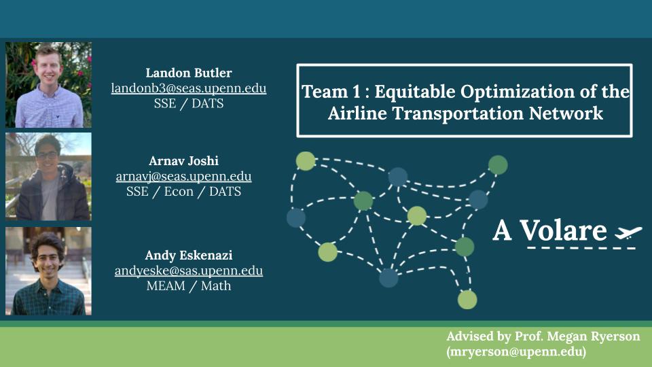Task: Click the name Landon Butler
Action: pyautogui.click(x=189, y=73)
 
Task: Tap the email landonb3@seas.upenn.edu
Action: pyautogui.click(x=189, y=88)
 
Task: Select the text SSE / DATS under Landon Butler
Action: pyautogui.click(x=189, y=103)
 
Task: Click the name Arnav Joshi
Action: pyautogui.click(x=184, y=160)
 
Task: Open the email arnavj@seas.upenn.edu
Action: pyautogui.click(x=184, y=176)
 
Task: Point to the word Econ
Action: pyautogui.click(x=179, y=192)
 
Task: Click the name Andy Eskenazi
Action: pyautogui.click(x=189, y=255)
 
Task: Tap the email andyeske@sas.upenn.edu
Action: pyautogui.click(x=189, y=270)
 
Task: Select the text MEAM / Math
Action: pyautogui.click(x=189, y=286)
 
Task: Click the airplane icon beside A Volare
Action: pyautogui.click(x=628, y=232)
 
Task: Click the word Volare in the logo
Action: pyautogui.click(x=564, y=230)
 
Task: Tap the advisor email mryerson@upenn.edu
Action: pyautogui.click(x=516, y=351)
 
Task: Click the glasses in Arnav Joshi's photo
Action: pyautogui.click(x=47, y=156)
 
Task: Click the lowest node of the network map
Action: pyautogui.click(x=467, y=300)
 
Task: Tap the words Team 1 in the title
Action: pyautogui.click(x=331, y=92)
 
